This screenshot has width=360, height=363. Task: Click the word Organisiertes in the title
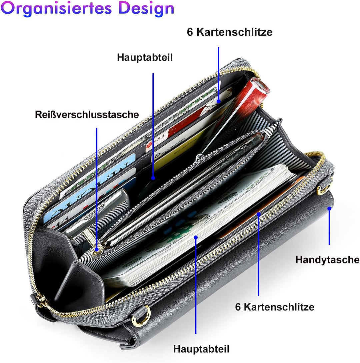pos(56,9)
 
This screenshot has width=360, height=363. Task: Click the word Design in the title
pos(146,9)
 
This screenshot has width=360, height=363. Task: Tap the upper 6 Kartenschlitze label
pos(230,32)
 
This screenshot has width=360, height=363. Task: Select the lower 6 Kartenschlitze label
pos(275,307)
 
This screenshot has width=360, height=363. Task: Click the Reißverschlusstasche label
pos(87,115)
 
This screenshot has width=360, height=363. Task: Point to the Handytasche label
pos(327,260)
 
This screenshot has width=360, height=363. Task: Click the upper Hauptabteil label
pos(145,57)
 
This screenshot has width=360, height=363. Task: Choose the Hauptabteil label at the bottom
pos(201,349)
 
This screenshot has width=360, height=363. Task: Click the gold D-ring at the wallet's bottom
pos(141,316)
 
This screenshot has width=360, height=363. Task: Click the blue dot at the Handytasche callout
pos(329,208)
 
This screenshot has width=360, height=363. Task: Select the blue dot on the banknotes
pos(196,237)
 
